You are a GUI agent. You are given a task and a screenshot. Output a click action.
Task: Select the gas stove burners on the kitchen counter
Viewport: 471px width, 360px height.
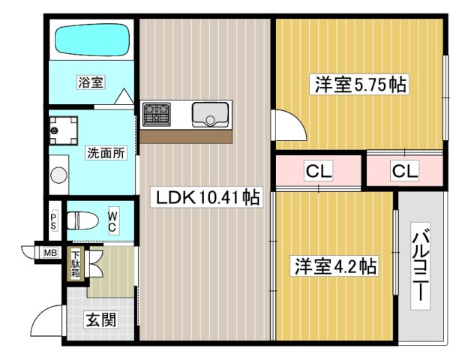click(157, 114)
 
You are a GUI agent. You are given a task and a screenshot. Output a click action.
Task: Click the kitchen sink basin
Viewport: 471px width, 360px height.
click(208, 115)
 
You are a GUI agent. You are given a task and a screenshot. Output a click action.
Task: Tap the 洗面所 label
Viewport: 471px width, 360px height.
click(106, 153)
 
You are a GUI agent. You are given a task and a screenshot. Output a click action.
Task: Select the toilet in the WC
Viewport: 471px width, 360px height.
click(81, 220)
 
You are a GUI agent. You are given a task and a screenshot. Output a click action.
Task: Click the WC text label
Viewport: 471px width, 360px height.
click(112, 221)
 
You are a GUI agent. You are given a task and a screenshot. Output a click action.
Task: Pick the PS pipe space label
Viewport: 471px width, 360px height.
click(54, 221)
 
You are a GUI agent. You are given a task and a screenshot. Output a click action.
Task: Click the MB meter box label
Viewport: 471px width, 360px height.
click(51, 253)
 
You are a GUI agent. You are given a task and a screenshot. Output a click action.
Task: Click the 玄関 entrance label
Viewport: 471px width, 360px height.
click(100, 321)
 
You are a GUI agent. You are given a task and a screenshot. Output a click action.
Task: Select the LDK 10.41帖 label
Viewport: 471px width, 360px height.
click(207, 198)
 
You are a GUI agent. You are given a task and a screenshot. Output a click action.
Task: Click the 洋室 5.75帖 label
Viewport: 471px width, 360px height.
click(360, 84)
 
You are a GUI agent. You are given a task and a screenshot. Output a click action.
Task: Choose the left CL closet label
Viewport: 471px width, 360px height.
click(318, 171)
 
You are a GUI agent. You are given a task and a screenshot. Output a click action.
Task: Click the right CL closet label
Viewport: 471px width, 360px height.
click(404, 171)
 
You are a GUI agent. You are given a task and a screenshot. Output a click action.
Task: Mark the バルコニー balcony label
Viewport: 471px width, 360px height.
click(421, 262)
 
